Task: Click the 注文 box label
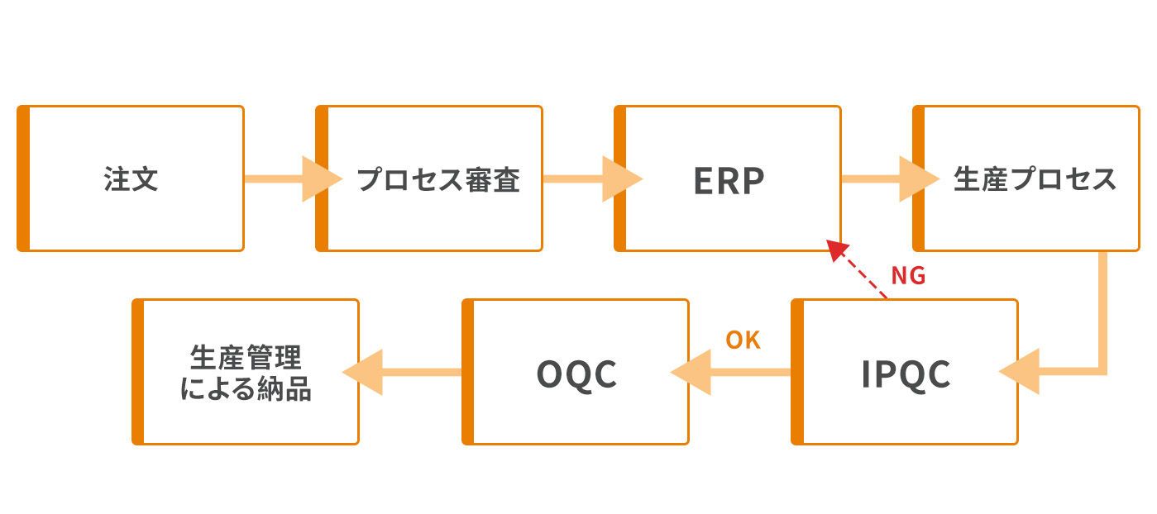tap(131, 179)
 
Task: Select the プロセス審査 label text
tap(438, 179)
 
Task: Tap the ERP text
tap(729, 180)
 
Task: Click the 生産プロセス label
tap(1035, 179)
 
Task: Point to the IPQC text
tap(906, 374)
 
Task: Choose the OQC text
tap(577, 374)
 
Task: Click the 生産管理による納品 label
tap(246, 374)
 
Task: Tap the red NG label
tap(907, 276)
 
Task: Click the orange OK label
tap(743, 340)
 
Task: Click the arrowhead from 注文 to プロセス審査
tap(321, 178)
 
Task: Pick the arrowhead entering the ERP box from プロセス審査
tap(620, 178)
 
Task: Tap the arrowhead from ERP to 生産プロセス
tap(918, 178)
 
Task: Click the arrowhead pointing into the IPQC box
tap(1020, 372)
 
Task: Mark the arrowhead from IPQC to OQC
tap(691, 372)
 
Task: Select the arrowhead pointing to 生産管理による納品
tap(362, 372)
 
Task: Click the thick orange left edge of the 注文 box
tap(23, 178)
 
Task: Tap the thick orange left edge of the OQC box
tap(468, 372)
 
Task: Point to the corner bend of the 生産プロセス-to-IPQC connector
tap(1102, 370)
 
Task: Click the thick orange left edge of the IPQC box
tap(797, 372)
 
